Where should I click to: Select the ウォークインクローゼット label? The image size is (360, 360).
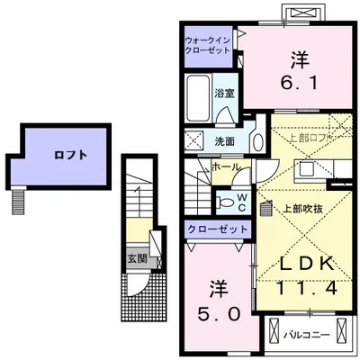click(x=209, y=46)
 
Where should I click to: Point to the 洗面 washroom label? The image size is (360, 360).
click(x=225, y=140)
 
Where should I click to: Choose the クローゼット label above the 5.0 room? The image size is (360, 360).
click(x=218, y=229)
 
